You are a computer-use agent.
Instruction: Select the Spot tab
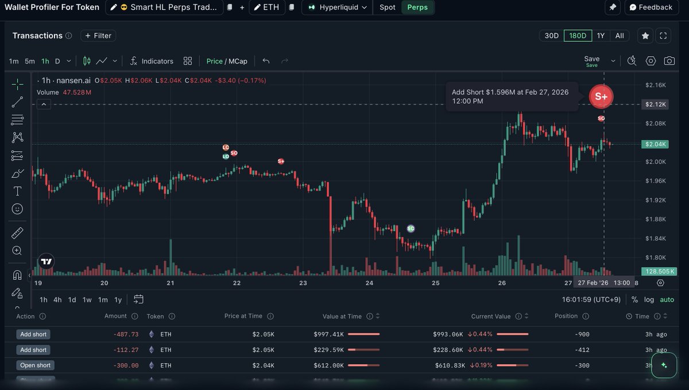tap(388, 7)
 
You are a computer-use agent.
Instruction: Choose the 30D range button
tap(551, 36)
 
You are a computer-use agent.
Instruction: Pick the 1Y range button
tap(601, 36)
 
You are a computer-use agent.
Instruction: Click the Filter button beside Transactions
tap(98, 36)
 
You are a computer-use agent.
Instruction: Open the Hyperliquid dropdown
tap(338, 7)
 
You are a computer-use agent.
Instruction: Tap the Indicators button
tap(152, 61)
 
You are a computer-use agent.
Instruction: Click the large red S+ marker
tap(601, 96)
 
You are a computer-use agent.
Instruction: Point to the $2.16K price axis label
tap(655, 85)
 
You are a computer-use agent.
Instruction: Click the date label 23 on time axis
tap(303, 283)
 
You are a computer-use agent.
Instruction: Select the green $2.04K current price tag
tap(655, 144)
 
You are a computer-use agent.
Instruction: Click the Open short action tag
tap(35, 365)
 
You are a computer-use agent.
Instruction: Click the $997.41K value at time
tap(328, 334)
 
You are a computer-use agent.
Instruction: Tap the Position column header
tap(566, 316)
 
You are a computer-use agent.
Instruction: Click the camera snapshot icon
tap(669, 61)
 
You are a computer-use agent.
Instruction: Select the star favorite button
tap(645, 36)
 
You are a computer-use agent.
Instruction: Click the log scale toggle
tap(649, 299)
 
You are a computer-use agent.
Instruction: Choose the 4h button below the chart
tap(57, 299)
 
